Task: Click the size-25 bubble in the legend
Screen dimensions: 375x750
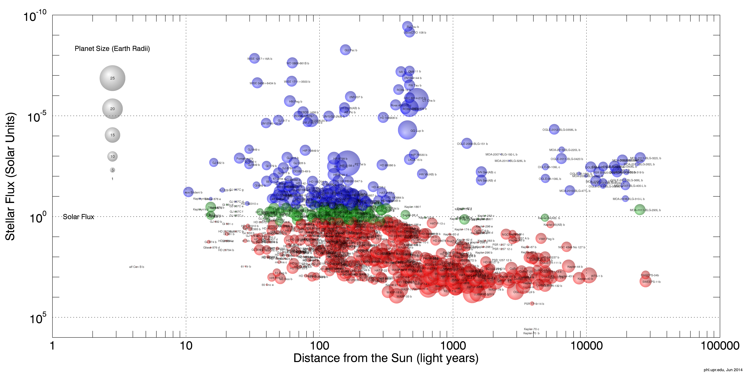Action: point(112,78)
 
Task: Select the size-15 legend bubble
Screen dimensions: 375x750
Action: point(112,135)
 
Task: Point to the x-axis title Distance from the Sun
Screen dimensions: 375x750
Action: point(386,358)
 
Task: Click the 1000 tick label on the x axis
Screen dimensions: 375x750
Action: point(453,346)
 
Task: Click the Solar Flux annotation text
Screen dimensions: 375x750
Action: point(79,217)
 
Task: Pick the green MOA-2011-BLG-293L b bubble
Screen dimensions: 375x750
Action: point(640,210)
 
